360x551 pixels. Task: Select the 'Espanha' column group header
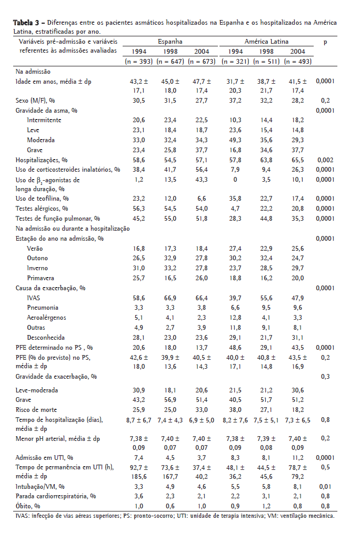pyautogui.click(x=170, y=41)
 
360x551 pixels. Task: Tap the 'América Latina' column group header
pyautogui.click(x=266, y=41)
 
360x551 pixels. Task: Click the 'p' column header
pyautogui.click(x=325, y=41)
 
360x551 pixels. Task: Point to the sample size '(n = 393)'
pyautogui.click(x=138, y=61)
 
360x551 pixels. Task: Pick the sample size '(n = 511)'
pyautogui.click(x=267, y=61)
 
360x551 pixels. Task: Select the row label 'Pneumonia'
pyautogui.click(x=43, y=308)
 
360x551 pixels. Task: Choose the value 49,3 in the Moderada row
pyautogui.click(x=235, y=140)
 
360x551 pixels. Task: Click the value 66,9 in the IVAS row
pyautogui.click(x=170, y=298)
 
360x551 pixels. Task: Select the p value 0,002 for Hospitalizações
pyautogui.click(x=325, y=160)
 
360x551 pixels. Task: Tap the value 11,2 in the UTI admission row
pyautogui.click(x=297, y=457)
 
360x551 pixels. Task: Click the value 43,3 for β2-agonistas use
pyautogui.click(x=202, y=180)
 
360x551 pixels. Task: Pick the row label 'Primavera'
pyautogui.click(x=41, y=278)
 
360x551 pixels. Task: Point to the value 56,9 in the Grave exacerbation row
pyautogui.click(x=170, y=400)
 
